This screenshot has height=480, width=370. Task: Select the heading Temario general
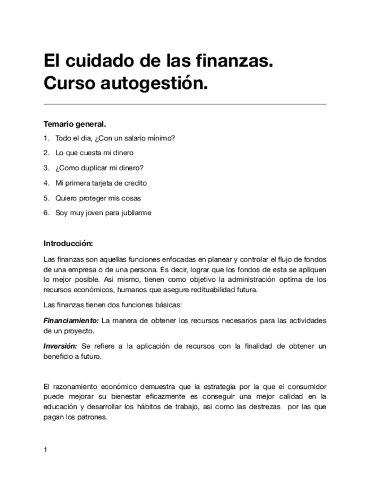75,123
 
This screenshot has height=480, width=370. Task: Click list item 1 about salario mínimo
115,138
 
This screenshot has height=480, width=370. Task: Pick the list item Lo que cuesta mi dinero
94,153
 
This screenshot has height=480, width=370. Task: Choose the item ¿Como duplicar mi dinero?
99,168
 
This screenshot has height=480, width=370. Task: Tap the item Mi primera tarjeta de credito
101,183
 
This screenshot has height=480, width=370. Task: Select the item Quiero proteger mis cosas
98,198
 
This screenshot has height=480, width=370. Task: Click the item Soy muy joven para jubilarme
103,213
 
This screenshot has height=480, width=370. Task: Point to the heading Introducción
68,244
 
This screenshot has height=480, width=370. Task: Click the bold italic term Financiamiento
71,320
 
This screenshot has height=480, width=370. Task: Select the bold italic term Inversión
60,346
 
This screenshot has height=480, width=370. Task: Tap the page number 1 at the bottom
45,450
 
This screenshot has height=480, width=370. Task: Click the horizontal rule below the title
185,104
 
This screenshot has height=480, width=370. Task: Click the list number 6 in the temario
46,213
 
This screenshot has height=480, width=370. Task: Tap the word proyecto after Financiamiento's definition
79,331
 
